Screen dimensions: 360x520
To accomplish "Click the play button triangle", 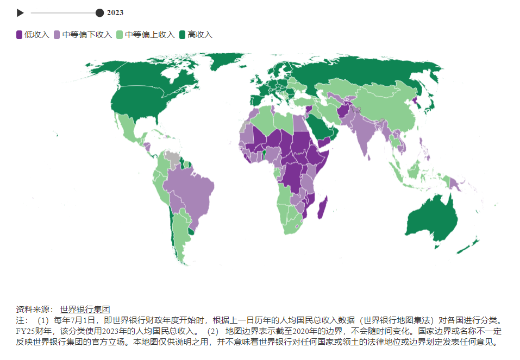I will [20, 13].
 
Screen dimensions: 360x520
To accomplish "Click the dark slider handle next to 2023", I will [99, 13].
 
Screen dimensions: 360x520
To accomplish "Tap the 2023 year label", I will [115, 13].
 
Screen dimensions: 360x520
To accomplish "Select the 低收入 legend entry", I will [33, 35].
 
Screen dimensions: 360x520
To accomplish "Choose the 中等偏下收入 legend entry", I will [83, 35].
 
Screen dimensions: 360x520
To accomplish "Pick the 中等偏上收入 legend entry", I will [145, 35].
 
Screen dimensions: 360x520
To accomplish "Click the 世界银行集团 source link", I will [85, 309].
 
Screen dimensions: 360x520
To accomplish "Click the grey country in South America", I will [172, 158].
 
